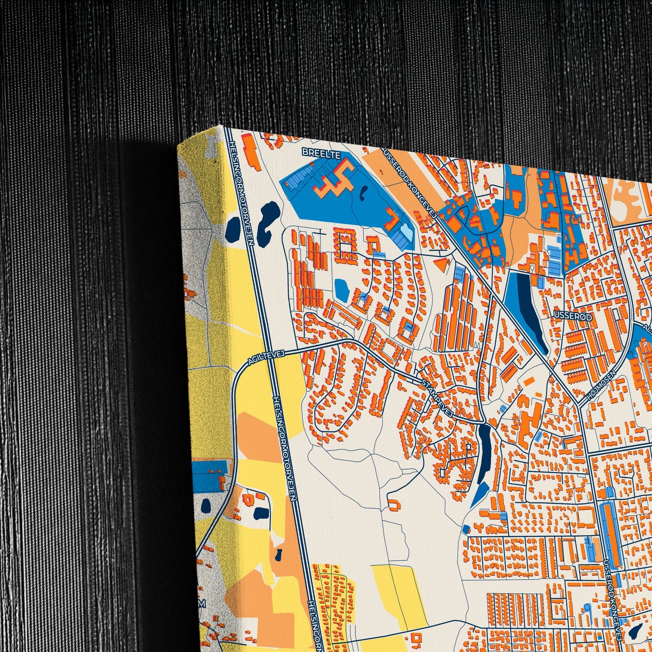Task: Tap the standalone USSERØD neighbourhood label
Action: [573, 317]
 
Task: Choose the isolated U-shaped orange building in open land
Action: [394, 504]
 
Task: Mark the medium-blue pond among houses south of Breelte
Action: [342, 289]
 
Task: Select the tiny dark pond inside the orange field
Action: [278, 554]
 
